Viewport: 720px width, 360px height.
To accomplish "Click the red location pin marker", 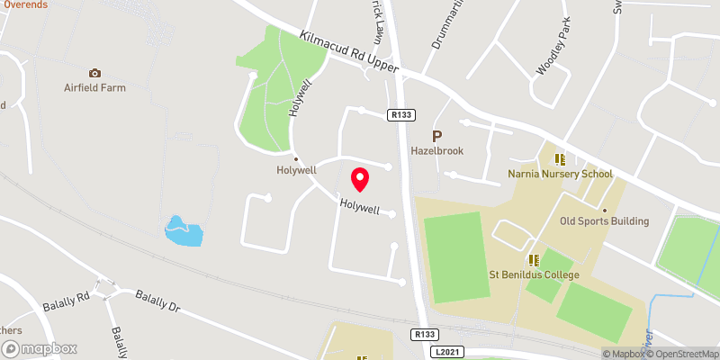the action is click(360, 179).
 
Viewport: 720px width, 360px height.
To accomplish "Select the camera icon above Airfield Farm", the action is click(94, 73).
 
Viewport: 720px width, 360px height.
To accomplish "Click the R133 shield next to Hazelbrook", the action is click(400, 115).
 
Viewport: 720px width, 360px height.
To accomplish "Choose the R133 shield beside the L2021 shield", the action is click(427, 334).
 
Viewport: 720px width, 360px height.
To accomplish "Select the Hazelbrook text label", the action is click(436, 151).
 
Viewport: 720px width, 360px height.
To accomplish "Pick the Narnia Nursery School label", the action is click(560, 175).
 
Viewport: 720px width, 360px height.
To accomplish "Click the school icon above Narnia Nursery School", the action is click(560, 159).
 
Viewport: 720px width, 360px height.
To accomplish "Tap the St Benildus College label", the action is click(534, 274).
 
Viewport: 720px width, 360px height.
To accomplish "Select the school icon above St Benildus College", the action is click(534, 259).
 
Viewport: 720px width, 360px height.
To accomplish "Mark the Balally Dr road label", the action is click(158, 301).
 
